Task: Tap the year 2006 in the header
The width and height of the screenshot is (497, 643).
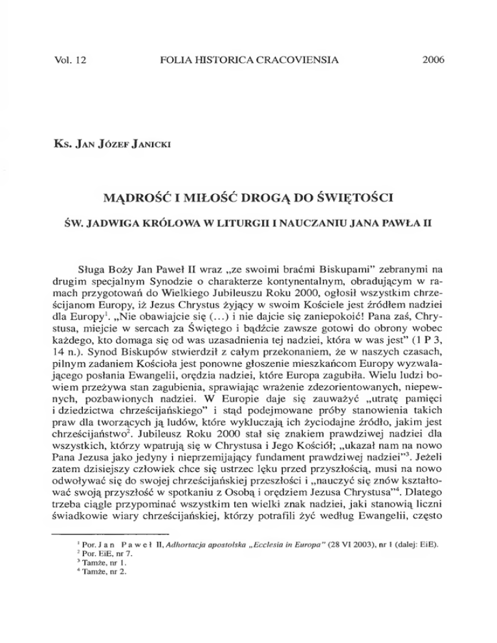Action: tap(433, 62)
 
